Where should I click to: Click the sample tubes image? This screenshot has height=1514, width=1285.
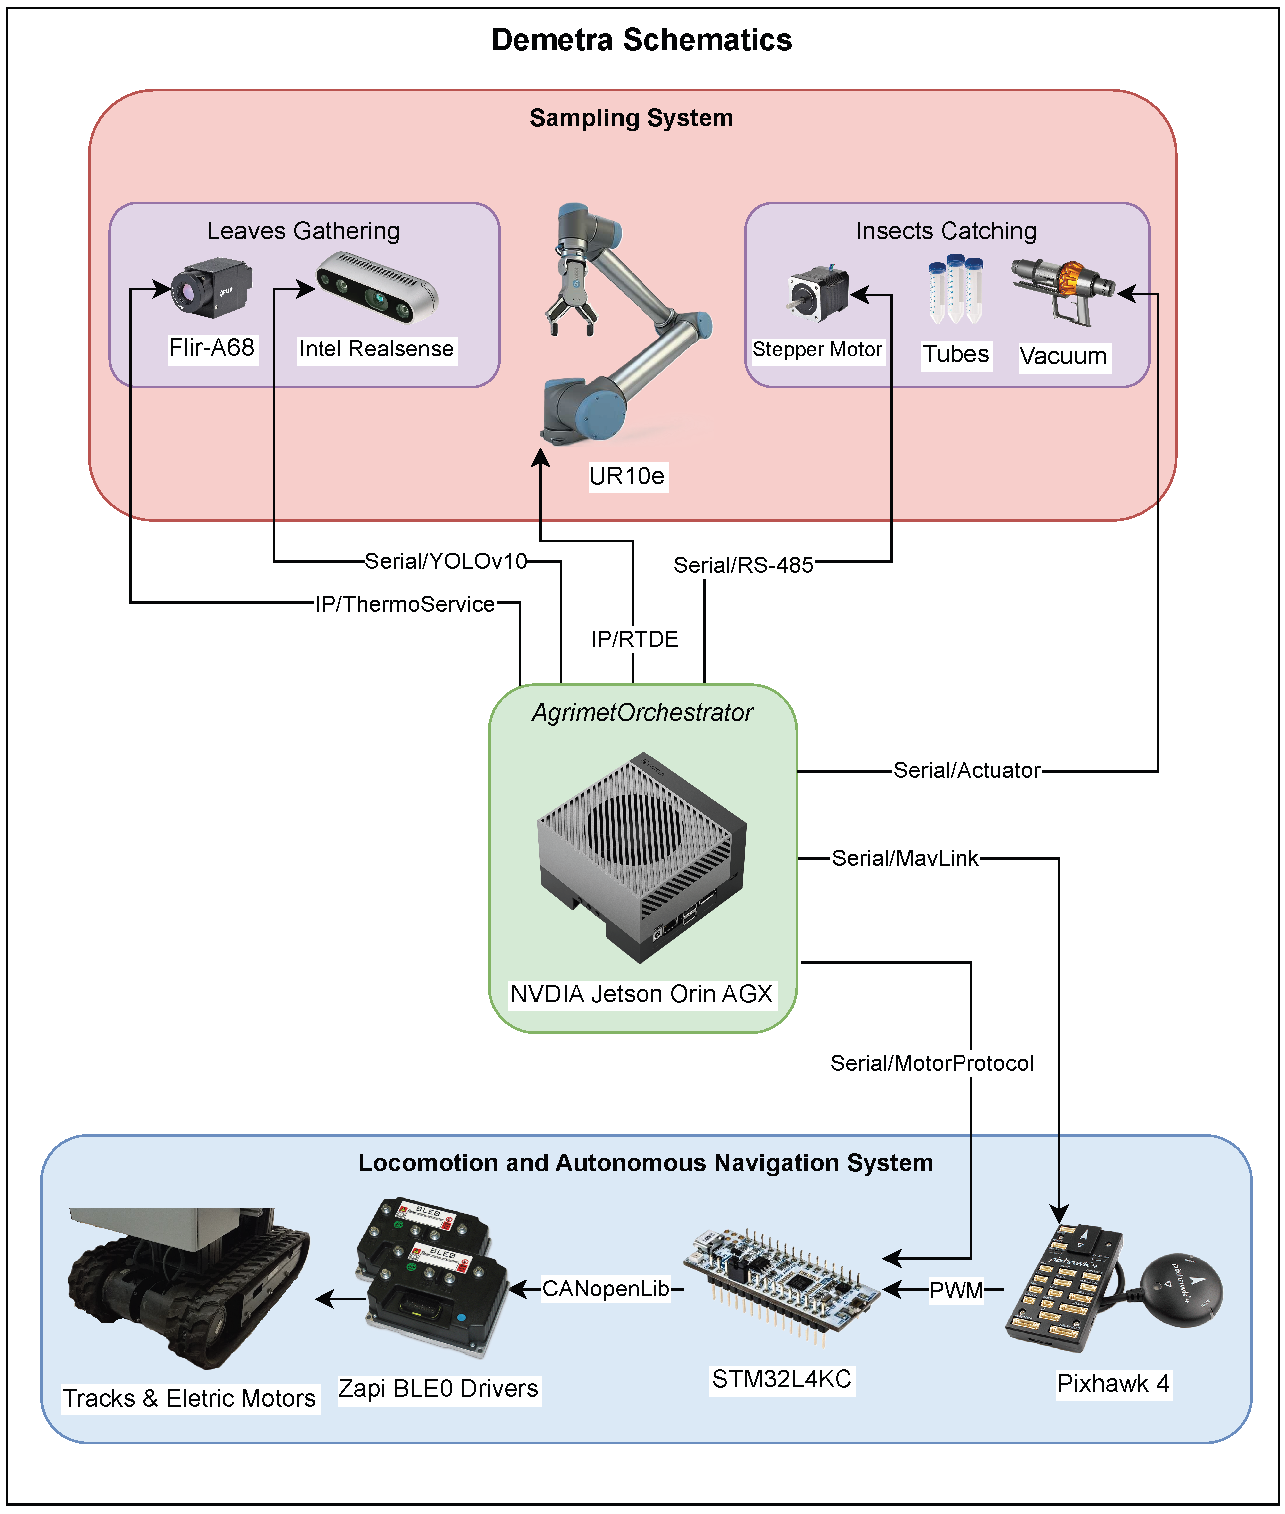[x=956, y=289]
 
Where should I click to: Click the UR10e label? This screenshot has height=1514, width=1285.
[x=627, y=476]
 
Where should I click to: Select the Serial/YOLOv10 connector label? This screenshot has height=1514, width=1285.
[x=445, y=561]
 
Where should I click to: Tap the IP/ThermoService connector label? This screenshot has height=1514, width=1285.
[x=405, y=604]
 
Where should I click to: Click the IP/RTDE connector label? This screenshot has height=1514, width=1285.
[x=634, y=639]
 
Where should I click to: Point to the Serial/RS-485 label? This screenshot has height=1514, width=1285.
[x=743, y=565]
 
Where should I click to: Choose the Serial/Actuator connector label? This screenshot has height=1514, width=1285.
[x=966, y=770]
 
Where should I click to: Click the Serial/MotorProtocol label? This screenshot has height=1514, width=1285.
[x=932, y=1063]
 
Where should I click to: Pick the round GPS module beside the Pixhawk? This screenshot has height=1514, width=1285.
[x=1180, y=1290]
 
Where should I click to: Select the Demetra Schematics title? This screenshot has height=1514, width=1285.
[x=642, y=40]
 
